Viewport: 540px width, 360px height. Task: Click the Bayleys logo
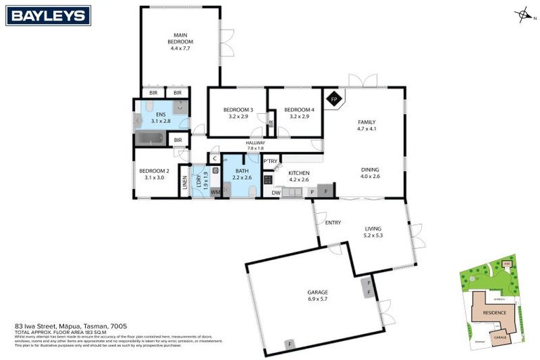point(48,15)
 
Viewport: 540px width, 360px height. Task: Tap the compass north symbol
point(523,15)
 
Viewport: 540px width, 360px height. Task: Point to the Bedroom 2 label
point(154,171)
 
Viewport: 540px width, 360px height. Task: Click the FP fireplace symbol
point(335,99)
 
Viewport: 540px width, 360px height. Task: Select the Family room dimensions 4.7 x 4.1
point(367,129)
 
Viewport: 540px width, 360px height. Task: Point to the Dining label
point(371,169)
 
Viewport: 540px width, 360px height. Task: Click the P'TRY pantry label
point(271,161)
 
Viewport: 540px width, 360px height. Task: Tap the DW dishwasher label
point(276,191)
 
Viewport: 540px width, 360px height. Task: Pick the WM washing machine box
point(215,191)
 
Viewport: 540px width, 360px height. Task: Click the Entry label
point(333,223)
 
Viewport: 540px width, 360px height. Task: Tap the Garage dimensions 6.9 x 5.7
point(318,299)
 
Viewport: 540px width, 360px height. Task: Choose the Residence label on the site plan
point(489,309)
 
